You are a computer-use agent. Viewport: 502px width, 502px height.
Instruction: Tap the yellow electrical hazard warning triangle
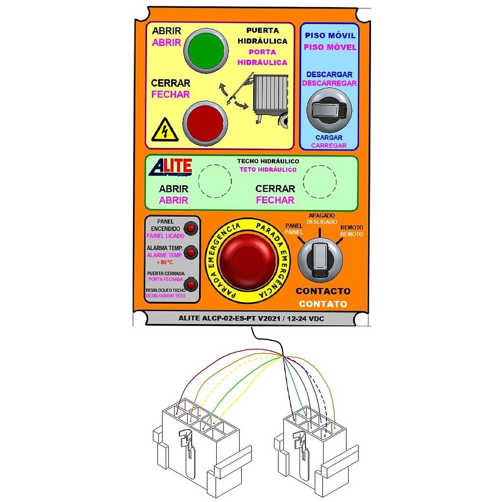[164, 131]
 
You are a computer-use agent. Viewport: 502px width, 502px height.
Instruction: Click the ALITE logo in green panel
[170, 167]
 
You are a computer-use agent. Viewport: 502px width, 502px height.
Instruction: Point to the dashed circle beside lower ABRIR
[214, 180]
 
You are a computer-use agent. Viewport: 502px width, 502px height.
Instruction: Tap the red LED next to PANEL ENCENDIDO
[190, 228]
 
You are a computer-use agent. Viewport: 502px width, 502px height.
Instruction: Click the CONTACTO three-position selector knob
[320, 259]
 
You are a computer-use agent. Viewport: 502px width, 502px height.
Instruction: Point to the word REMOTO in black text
[351, 228]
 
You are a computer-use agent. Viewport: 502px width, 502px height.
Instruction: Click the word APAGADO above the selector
[321, 216]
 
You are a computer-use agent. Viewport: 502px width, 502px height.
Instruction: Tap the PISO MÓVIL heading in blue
[330, 36]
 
